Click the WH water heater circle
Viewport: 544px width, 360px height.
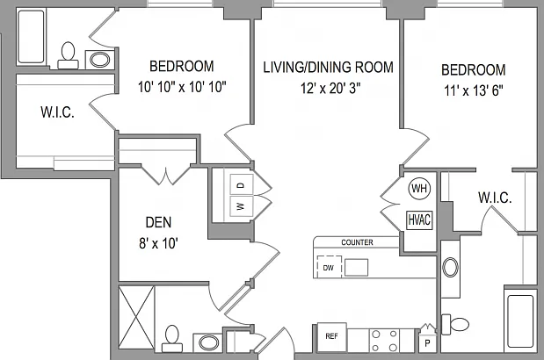[x=419, y=189]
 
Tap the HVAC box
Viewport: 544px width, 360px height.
[x=419, y=220]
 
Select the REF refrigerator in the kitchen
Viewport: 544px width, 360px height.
[x=332, y=337]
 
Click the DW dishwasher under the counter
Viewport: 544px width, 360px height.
[x=330, y=267]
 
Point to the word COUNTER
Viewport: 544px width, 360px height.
[x=357, y=242]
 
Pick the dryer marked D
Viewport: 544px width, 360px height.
[x=242, y=185]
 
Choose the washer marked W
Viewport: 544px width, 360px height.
[x=242, y=206]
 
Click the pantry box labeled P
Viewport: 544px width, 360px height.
[x=427, y=343]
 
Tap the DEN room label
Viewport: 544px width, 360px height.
[x=158, y=222]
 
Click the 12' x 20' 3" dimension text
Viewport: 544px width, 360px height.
[x=330, y=89]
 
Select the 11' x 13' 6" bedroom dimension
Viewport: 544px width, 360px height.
[x=473, y=90]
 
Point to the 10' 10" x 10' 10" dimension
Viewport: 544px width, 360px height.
[x=182, y=87]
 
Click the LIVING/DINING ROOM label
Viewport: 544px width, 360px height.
[x=328, y=68]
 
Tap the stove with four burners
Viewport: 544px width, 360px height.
[x=384, y=341]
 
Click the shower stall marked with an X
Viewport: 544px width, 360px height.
[x=136, y=317]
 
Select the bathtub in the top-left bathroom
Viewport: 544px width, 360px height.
[x=32, y=37]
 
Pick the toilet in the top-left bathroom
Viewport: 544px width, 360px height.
[x=68, y=55]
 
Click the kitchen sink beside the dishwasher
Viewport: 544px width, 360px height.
[x=356, y=267]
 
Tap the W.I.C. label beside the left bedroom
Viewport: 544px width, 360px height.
[x=58, y=112]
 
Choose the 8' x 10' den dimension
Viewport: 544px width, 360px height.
[x=158, y=243]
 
